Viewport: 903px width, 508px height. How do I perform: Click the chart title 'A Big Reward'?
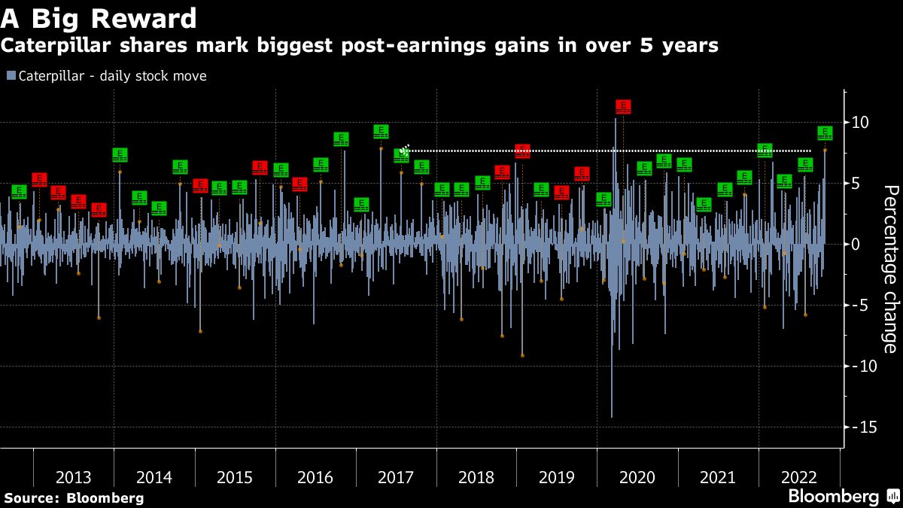[x=99, y=18]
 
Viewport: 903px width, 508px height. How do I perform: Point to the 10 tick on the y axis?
[x=861, y=122]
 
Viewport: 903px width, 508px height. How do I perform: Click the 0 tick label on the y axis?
[x=857, y=244]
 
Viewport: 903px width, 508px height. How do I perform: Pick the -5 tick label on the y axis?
[x=861, y=305]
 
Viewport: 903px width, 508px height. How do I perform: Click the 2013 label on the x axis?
[x=74, y=477]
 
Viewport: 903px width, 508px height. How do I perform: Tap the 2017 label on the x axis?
[x=396, y=477]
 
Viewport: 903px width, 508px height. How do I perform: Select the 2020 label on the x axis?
[x=637, y=477]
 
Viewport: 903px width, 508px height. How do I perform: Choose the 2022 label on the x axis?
[x=798, y=477]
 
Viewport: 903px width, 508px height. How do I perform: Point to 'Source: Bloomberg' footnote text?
[x=74, y=497]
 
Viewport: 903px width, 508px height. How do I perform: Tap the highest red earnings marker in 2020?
[x=623, y=106]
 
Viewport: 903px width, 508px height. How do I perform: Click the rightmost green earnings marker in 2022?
[x=825, y=133]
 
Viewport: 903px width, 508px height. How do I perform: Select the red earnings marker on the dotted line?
[x=523, y=151]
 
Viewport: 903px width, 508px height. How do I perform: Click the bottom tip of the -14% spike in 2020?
[x=612, y=416]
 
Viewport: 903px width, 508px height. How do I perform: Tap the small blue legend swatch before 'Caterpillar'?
[x=11, y=76]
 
